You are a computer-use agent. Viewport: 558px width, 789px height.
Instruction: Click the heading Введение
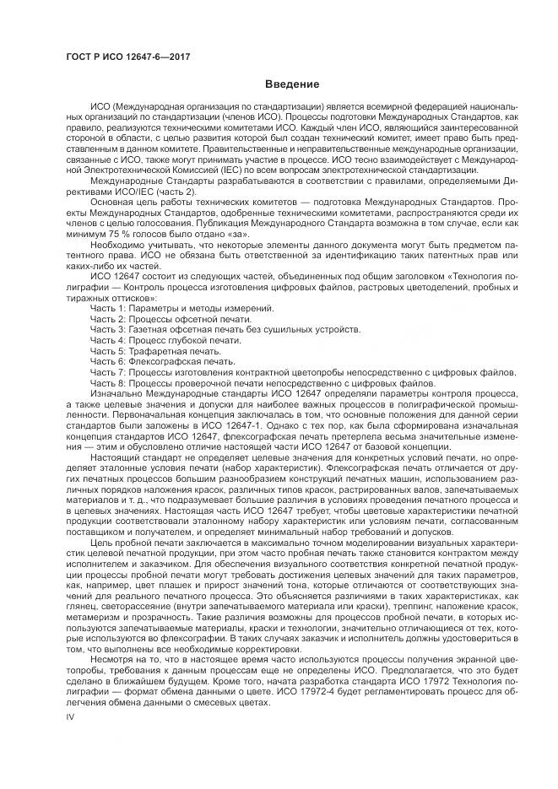[291, 84]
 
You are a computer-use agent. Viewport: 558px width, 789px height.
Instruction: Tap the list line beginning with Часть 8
[262, 381]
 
